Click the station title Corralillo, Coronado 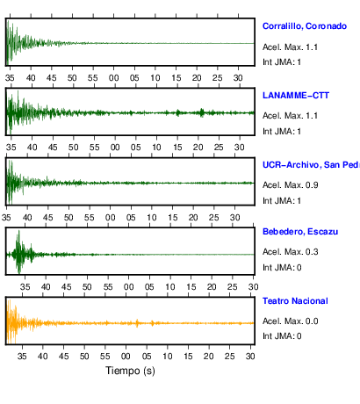305,26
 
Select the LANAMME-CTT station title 296,96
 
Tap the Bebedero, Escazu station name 300,232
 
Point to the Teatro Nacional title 295,301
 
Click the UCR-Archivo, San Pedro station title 311,165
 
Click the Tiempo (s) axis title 130,371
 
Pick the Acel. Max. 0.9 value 290,185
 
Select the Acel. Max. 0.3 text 290,252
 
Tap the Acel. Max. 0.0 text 290,321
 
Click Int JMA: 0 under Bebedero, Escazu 282,268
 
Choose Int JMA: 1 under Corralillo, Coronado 282,62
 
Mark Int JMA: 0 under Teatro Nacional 282,336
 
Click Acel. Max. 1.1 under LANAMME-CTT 290,116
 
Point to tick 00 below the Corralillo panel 114,78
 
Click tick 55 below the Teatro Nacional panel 105,357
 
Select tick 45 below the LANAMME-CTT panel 53,148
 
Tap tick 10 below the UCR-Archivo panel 152,218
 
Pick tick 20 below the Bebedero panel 212,287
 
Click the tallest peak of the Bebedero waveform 19,231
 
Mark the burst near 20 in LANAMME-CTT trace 202,112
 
